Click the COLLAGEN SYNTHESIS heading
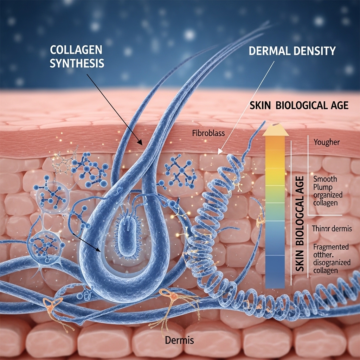point(77,56)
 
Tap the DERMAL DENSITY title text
point(292,51)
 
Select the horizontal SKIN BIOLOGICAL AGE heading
point(299,105)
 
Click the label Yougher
point(327,142)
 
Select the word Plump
point(323,187)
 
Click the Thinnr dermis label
point(332,229)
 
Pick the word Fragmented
point(330,247)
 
